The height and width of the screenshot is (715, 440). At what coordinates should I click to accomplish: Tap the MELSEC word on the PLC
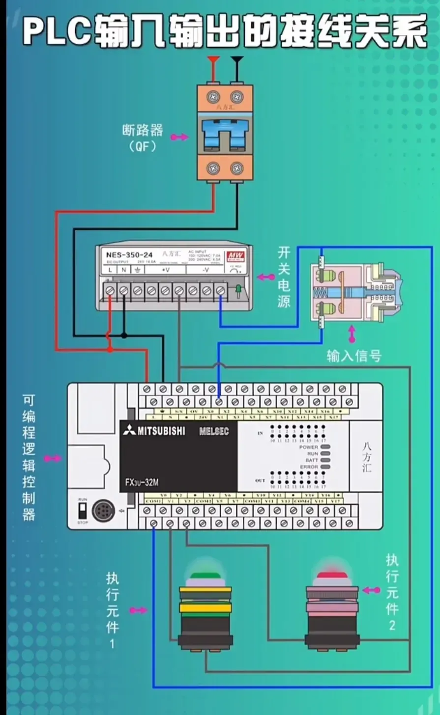pos(214,431)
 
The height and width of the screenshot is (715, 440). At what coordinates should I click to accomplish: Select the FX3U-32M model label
pos(142,483)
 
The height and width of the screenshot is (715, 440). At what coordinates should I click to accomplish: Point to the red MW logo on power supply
pos(232,256)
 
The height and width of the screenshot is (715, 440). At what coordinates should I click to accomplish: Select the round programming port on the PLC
pos(104,511)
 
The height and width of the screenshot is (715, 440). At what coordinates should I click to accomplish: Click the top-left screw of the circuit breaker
pos(213,96)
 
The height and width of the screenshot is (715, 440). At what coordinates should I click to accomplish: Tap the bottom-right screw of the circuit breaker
pos(237,168)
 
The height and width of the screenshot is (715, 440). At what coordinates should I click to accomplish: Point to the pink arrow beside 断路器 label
pos(179,137)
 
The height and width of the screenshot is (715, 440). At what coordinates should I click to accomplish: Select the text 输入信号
pos(354,356)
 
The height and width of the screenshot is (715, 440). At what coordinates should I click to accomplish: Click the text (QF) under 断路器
pos(143,146)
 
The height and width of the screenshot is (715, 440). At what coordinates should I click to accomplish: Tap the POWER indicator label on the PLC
pos(309,447)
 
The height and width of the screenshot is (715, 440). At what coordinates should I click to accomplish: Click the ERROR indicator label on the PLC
pos(309,467)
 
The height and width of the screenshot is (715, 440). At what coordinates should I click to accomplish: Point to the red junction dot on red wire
pos(110,349)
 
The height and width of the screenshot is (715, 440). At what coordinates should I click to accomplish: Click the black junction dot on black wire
pos(124,336)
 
